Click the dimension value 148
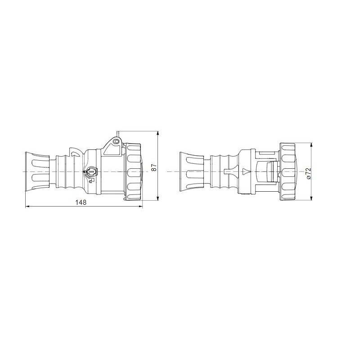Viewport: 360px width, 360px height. (x=81, y=202)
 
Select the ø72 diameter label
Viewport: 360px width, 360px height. (x=308, y=173)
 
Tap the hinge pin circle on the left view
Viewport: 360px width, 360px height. (x=116, y=142)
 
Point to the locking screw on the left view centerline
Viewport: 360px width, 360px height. (x=90, y=171)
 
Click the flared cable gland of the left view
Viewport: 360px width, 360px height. (x=36, y=171)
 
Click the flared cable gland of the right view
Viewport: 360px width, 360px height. (x=191, y=171)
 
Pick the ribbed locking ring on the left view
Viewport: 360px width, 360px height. (x=134, y=171)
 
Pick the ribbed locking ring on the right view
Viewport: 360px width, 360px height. (x=288, y=171)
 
